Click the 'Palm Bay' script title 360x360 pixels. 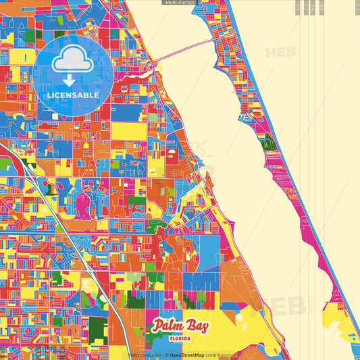180,326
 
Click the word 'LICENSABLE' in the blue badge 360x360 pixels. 73,95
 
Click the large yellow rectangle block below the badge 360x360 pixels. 128,130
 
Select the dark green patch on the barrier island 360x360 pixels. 269,141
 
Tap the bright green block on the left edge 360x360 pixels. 5,164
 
